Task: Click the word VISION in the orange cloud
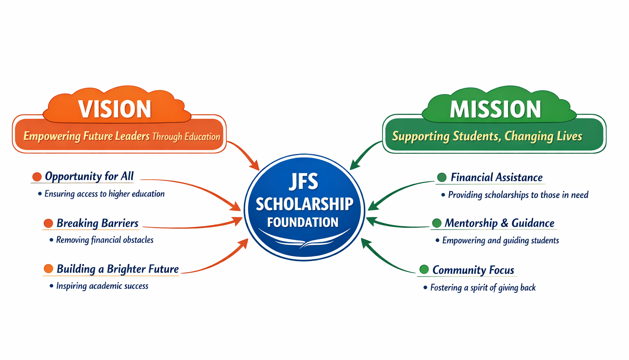pos(115,109)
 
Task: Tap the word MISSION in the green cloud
pos(496,109)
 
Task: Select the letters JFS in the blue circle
pos(304,182)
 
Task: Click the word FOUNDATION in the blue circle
pos(303,222)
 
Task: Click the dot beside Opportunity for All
pos(37,177)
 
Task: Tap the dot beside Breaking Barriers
pos(48,223)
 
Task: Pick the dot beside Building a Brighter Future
pos(49,268)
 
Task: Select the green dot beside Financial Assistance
pos(442,177)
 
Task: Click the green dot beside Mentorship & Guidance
pos(437,223)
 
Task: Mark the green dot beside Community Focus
pos(424,269)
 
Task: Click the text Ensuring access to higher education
pos(104,194)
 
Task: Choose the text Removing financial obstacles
pos(105,240)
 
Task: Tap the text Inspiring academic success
pos(102,286)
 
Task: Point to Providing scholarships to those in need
pos(518,195)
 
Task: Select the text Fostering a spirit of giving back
pos(483,288)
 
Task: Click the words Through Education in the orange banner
pos(186,137)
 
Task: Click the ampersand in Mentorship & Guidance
pos(505,223)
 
